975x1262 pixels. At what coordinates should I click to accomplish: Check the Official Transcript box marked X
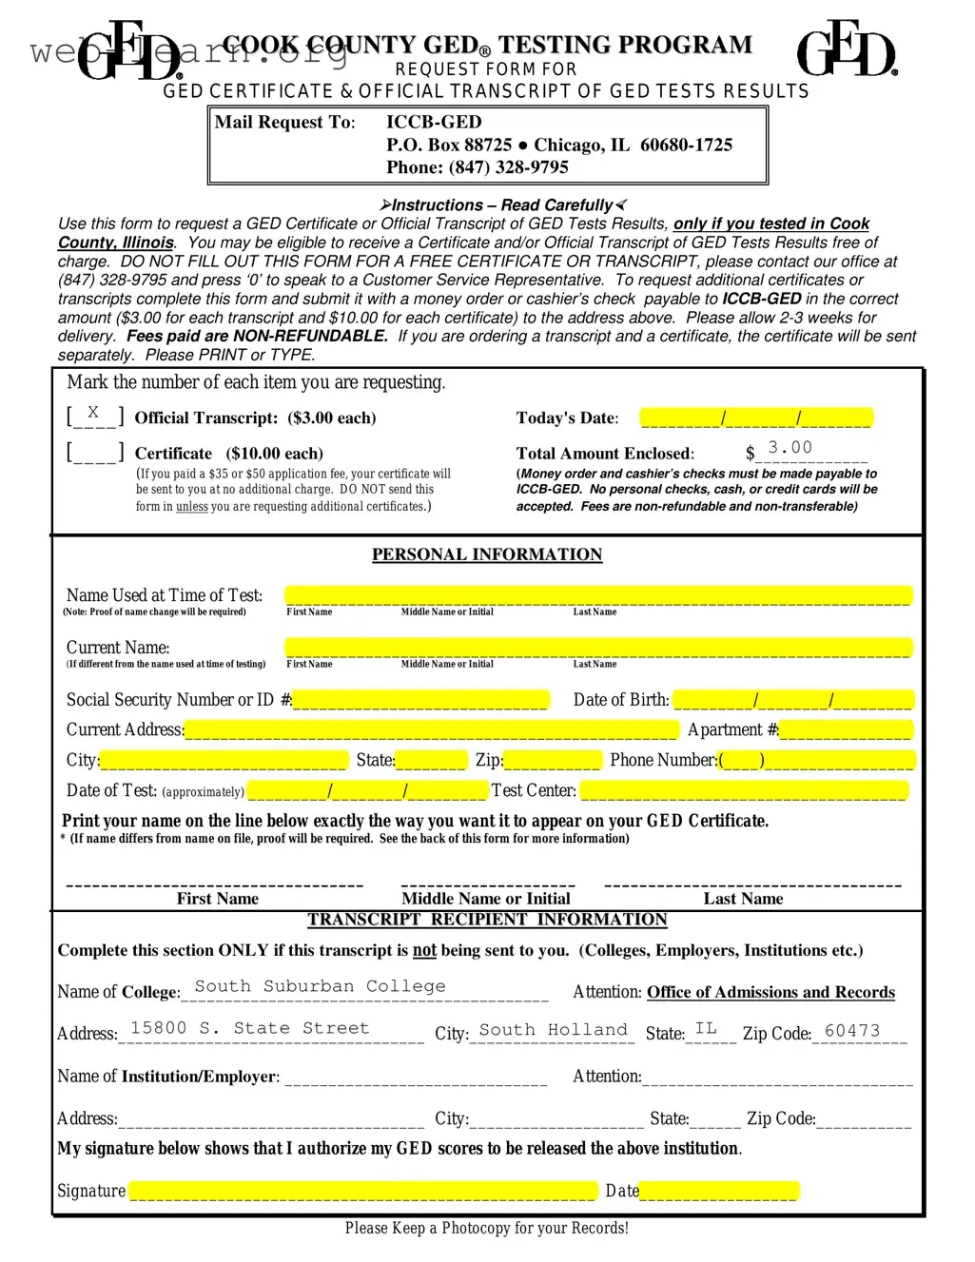[94, 415]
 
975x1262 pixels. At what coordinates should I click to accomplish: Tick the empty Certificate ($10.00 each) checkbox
[94, 452]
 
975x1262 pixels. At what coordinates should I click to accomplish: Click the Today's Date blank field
[756, 417]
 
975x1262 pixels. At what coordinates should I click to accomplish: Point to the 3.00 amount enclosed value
[790, 447]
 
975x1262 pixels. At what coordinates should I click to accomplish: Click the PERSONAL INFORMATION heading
[487, 554]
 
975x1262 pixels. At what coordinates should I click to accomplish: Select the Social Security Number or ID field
[420, 700]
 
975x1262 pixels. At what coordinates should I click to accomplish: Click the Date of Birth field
[793, 700]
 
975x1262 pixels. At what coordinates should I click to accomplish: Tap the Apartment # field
[845, 730]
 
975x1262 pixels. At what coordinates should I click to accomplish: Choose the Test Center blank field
[744, 790]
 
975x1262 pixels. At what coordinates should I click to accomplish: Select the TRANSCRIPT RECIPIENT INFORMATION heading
[487, 920]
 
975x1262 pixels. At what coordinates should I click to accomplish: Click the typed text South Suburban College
[320, 986]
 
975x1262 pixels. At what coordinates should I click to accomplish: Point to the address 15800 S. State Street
[249, 1028]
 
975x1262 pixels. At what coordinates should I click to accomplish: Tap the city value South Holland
[553, 1030]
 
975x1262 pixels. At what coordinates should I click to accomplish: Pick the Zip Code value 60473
[852, 1031]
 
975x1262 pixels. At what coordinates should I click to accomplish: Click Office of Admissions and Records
[770, 992]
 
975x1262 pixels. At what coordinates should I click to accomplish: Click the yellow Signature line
[362, 1191]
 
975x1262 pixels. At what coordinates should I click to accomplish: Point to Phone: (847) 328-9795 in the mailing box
[477, 167]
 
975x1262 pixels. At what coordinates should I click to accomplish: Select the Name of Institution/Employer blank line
[416, 1078]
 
